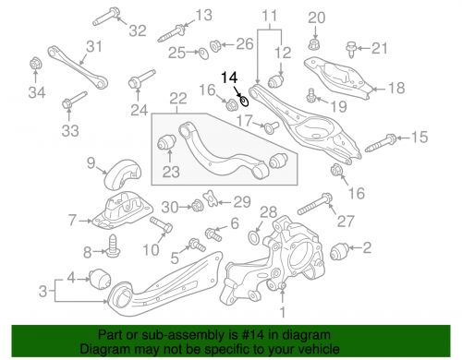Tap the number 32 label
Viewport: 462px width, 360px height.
click(138, 30)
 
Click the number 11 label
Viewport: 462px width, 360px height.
click(268, 15)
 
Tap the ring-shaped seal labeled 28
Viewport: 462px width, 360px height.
click(251, 239)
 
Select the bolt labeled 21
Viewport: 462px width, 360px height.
click(351, 46)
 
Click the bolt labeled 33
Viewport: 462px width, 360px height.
click(71, 102)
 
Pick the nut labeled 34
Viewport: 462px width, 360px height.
click(35, 65)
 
